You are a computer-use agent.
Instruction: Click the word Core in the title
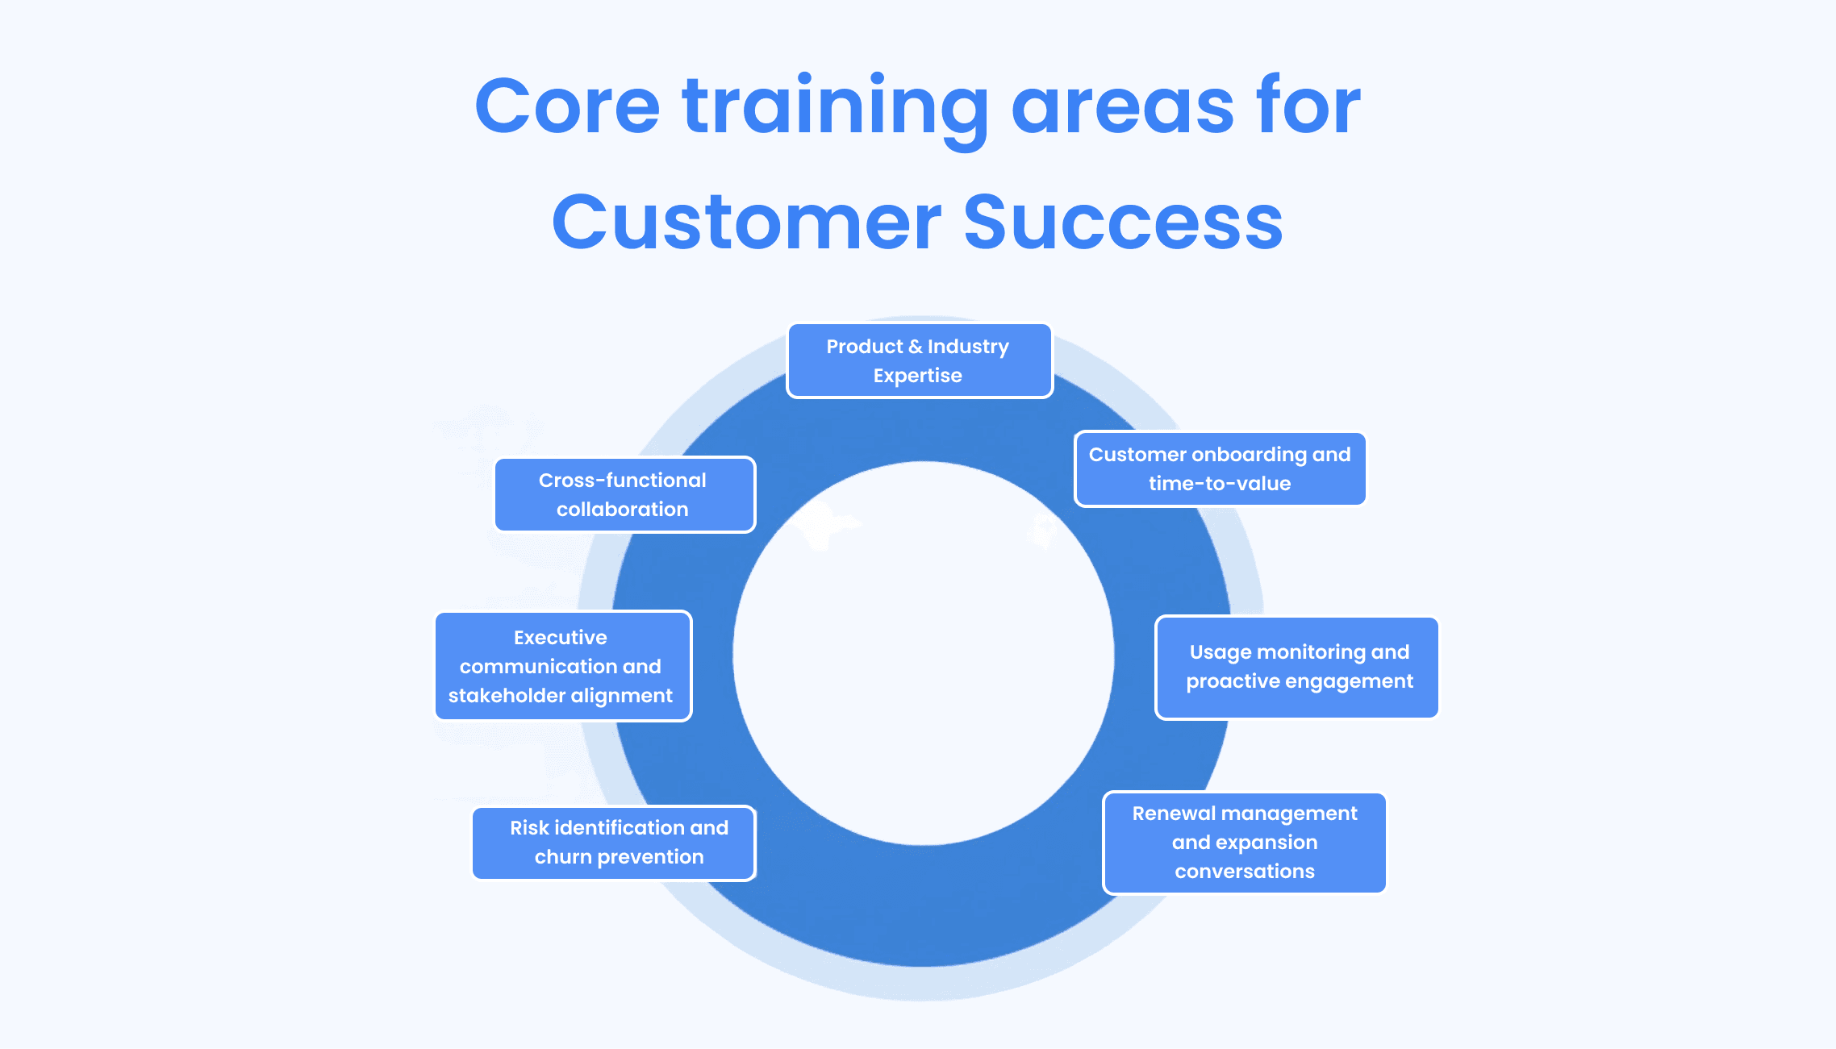[x=567, y=106]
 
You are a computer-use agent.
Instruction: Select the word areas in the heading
[x=1122, y=108]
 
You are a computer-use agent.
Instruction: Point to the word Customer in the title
[x=746, y=223]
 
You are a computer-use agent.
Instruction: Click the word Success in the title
[x=1123, y=223]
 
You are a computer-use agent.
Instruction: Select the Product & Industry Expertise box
[x=919, y=361]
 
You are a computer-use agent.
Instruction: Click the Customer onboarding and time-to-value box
[x=1220, y=469]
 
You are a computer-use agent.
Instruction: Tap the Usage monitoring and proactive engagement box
[x=1297, y=667]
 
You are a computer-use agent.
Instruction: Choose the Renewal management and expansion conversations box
[x=1245, y=843]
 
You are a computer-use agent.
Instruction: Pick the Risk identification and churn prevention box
[x=614, y=843]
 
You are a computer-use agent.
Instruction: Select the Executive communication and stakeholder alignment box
[x=563, y=666]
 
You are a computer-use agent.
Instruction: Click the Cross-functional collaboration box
[x=624, y=495]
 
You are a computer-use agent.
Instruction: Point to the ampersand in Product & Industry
[x=915, y=347]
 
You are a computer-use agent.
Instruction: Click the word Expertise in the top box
[x=918, y=376]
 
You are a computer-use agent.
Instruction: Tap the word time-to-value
[x=1220, y=484]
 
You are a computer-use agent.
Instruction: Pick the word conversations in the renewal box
[x=1245, y=872]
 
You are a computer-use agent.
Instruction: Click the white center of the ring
[x=924, y=654]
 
